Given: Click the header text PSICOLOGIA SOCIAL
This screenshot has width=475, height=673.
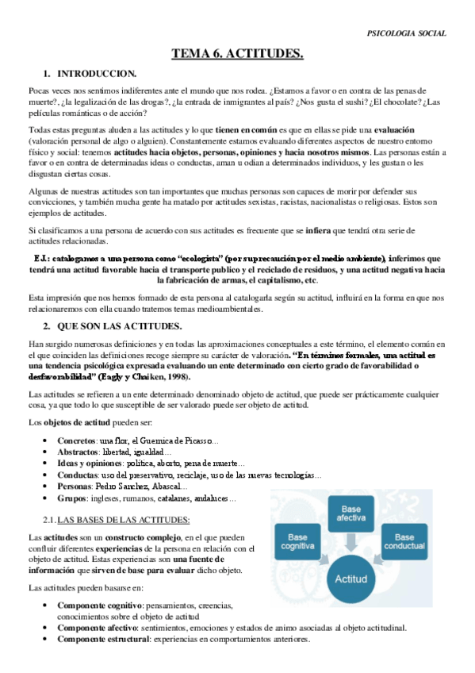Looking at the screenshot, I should [407, 33].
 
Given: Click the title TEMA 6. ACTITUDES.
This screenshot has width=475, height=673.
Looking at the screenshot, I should [238, 54].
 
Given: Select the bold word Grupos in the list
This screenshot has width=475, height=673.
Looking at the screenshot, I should [73, 498].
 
